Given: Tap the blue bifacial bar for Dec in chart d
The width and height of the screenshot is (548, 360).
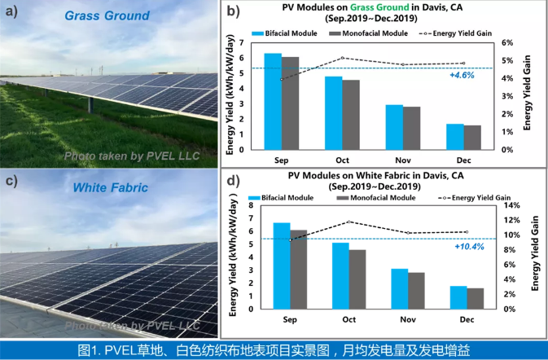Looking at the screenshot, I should [x=458, y=297].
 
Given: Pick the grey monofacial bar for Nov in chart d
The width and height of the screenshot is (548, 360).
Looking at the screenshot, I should [x=415, y=290].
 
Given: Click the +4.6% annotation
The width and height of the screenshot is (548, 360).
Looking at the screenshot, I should [x=461, y=75].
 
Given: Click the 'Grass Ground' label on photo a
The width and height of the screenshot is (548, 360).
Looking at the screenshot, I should [x=95, y=15].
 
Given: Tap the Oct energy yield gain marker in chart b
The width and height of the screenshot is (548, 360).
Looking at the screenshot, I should [x=342, y=58].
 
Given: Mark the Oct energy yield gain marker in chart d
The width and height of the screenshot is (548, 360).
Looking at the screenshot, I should [x=349, y=222].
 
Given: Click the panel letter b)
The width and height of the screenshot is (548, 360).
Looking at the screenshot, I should [x=233, y=11].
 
